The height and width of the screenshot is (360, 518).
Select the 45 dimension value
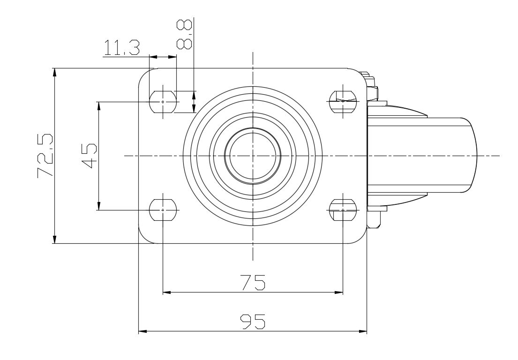coord(89,156)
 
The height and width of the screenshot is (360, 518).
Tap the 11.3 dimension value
coord(121,47)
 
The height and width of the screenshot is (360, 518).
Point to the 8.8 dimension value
coord(184,34)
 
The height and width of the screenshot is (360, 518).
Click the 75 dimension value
coord(253,282)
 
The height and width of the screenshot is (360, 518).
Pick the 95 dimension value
coord(253,322)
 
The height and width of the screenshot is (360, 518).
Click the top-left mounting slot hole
coord(163,102)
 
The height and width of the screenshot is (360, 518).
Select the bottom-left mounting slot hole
coord(163,210)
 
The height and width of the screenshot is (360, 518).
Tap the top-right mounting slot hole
coord(343,101)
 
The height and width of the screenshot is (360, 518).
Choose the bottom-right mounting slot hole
coord(343,210)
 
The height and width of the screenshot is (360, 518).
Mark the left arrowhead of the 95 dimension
coord(143,331)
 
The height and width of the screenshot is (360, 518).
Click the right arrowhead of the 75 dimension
coord(339,292)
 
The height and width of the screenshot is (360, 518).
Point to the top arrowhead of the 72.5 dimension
coord(55,72)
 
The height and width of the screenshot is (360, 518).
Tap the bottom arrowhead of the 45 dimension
coord(99,206)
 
